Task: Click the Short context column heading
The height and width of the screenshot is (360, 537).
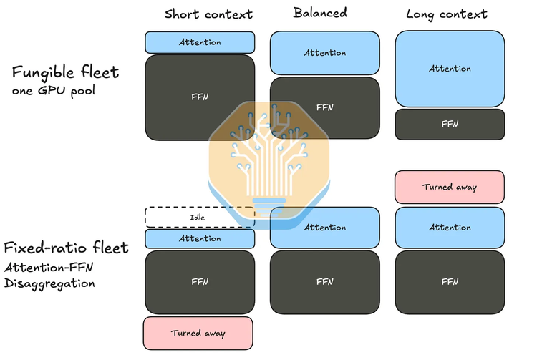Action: tap(208, 14)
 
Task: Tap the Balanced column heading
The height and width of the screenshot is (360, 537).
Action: tap(320, 13)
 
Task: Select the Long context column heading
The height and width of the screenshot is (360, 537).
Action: tap(447, 14)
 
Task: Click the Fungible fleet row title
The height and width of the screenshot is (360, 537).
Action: tap(65, 72)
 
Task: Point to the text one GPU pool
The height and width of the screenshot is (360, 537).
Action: tap(54, 91)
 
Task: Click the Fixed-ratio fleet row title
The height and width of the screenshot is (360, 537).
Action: tap(67, 247)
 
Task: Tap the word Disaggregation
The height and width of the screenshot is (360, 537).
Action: tap(49, 283)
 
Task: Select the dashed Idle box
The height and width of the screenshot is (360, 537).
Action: tap(200, 217)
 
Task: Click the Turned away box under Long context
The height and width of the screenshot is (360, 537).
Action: tap(450, 187)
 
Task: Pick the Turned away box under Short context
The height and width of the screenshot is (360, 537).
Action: tap(198, 333)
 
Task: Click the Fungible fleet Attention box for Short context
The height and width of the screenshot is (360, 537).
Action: tap(200, 42)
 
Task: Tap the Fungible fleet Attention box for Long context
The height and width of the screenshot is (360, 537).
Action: tap(450, 69)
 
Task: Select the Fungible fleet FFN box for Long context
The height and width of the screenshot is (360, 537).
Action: tap(450, 125)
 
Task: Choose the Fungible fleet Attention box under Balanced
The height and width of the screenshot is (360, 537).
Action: tap(324, 53)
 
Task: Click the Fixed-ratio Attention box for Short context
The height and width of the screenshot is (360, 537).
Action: tap(200, 238)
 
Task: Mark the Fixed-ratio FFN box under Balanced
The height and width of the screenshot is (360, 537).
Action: tap(324, 282)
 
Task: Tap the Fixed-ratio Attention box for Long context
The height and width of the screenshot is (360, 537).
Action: tap(450, 228)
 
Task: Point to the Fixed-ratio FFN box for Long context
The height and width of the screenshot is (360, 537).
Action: tap(450, 282)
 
